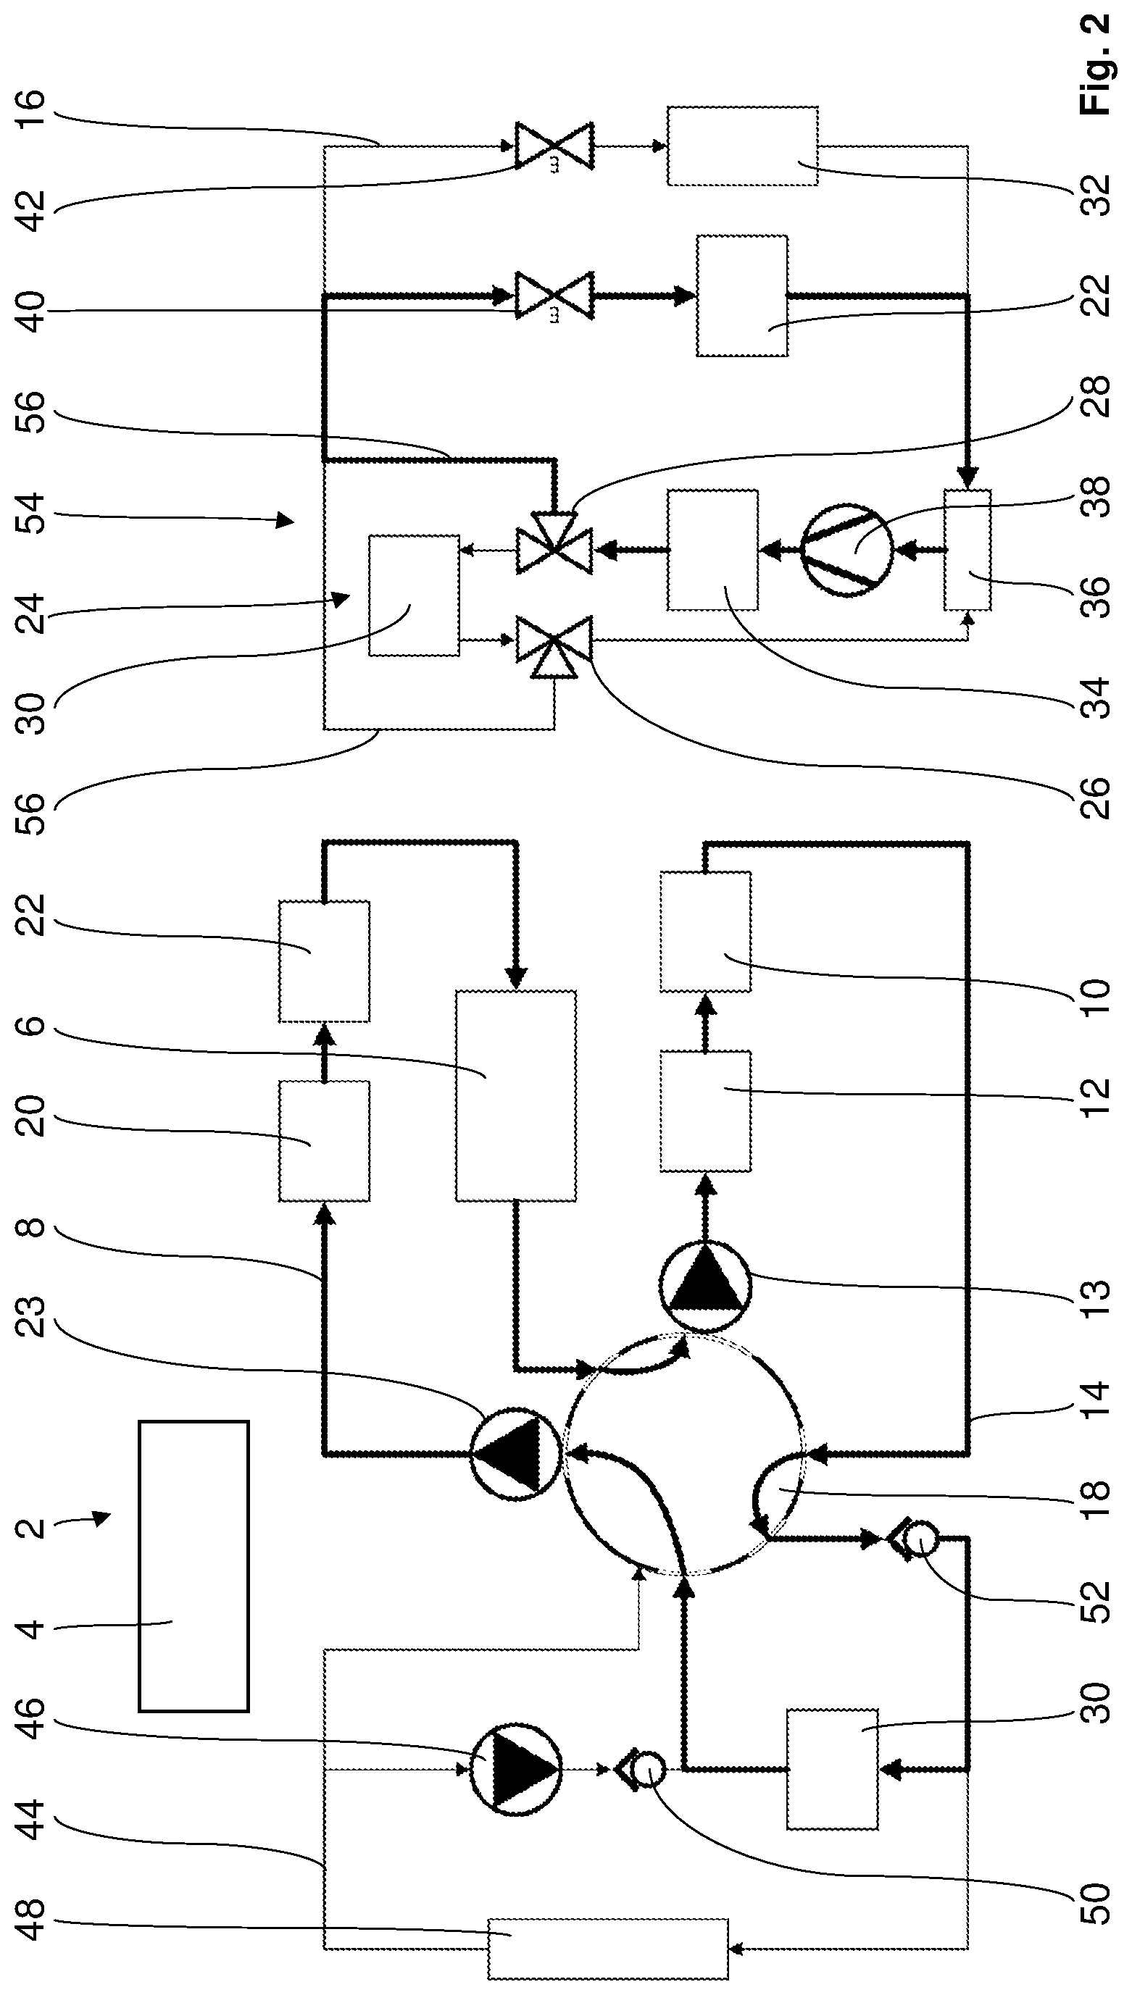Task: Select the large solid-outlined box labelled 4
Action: tap(193, 1577)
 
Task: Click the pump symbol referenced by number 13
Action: tap(705, 1287)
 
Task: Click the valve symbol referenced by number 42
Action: tap(554, 146)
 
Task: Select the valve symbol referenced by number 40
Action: tap(554, 296)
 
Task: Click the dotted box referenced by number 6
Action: tap(515, 1096)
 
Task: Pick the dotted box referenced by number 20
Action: tap(324, 1141)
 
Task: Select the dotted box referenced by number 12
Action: tap(705, 1111)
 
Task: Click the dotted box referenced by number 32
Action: tap(743, 146)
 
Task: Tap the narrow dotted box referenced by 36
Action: tap(968, 550)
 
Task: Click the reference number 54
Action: tap(32, 511)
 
